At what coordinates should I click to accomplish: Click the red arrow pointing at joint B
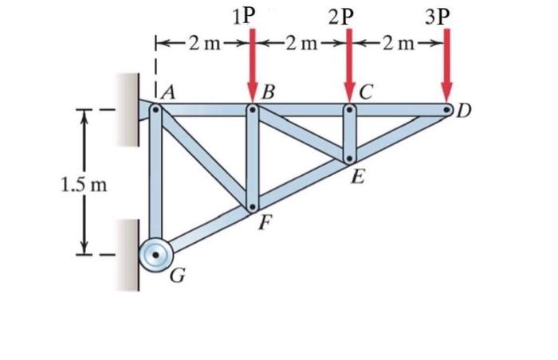252,64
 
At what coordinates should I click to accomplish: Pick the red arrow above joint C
348,64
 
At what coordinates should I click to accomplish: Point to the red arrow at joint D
447,64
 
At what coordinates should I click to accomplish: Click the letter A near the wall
169,92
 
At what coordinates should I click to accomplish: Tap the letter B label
269,92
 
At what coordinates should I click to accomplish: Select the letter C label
366,92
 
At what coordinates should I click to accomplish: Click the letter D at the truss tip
464,111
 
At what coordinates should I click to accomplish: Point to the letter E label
358,177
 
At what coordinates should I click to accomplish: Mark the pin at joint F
252,208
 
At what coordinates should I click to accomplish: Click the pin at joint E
348,158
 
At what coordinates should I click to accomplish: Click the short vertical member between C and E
348,134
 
